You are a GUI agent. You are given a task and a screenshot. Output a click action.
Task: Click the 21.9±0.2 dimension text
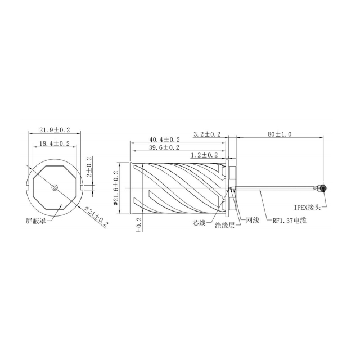coord(55,130)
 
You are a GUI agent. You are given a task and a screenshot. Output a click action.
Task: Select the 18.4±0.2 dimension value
coord(55,143)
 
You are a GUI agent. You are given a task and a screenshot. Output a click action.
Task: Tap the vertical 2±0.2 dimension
coord(89,166)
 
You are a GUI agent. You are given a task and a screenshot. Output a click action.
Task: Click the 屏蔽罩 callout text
coord(36,221)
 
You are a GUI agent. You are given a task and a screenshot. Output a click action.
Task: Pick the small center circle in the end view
coord(55,187)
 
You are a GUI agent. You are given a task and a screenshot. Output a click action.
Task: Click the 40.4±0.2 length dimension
coord(165,139)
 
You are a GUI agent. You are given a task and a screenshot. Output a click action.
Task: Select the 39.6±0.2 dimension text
coord(164,147)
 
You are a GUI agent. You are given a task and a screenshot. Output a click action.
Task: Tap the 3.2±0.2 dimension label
coord(207,134)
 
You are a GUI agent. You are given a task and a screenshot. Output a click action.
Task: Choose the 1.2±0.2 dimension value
coord(204,155)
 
